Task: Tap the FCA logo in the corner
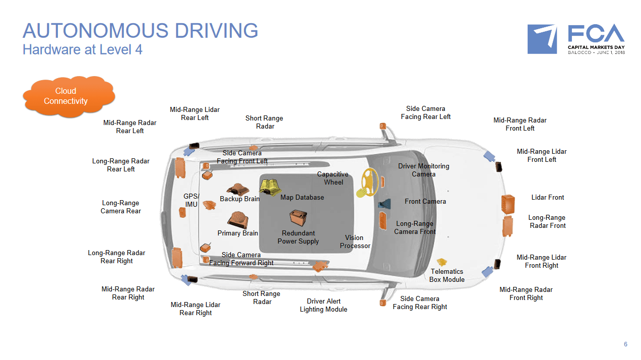(x=575, y=39)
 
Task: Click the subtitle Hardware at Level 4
(x=82, y=50)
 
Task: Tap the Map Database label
(x=302, y=197)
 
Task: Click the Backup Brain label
(x=239, y=199)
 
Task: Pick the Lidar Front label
(x=547, y=197)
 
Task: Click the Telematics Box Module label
(x=446, y=275)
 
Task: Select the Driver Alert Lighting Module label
(x=323, y=305)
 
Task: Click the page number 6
(x=625, y=344)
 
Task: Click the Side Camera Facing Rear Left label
(x=425, y=112)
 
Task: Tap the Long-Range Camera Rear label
(x=120, y=207)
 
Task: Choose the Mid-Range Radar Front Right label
(x=526, y=293)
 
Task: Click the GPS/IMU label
(x=191, y=200)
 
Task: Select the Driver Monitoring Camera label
(x=423, y=170)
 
